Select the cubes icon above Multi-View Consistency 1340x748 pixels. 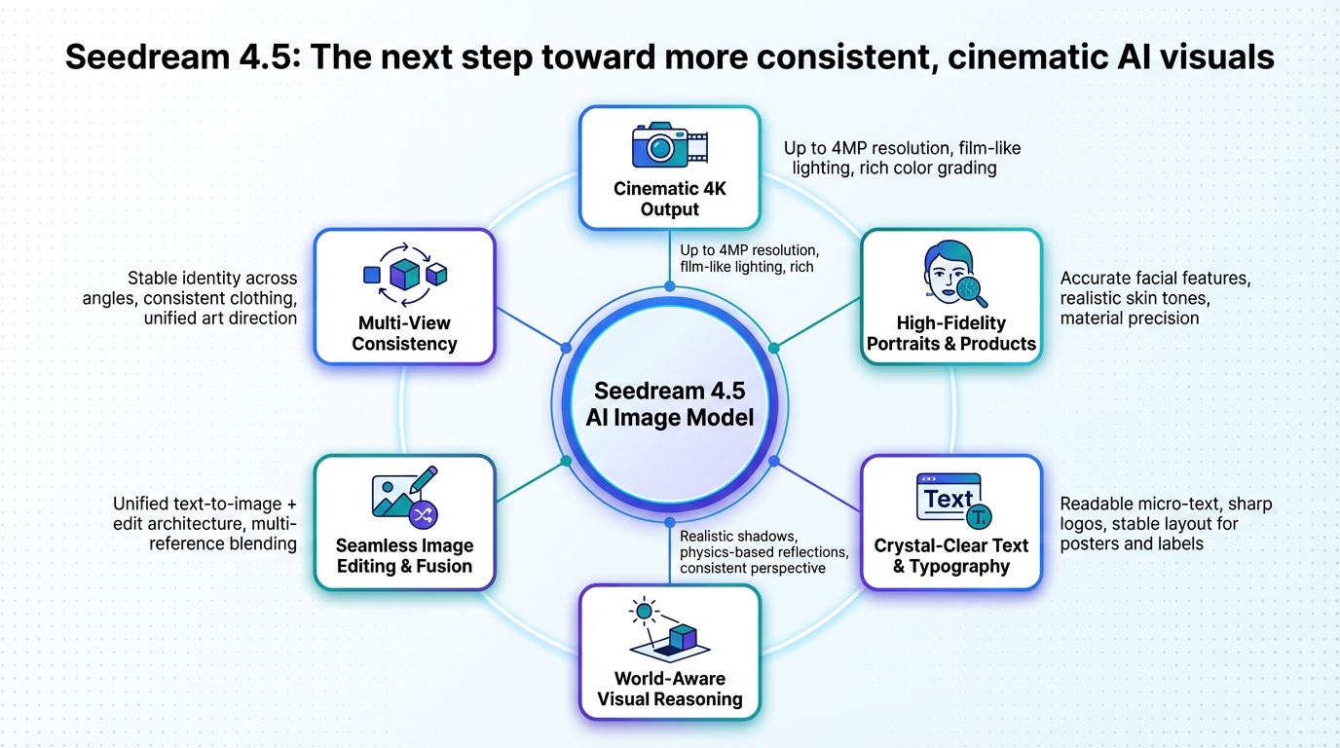click(404, 276)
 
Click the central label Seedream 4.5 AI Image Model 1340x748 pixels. click(669, 404)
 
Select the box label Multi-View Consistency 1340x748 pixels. click(404, 333)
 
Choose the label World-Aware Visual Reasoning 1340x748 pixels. click(669, 689)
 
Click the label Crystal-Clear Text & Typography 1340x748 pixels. click(951, 556)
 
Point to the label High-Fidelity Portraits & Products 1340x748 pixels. click(951, 333)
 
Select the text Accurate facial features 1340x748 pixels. click(1155, 280)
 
